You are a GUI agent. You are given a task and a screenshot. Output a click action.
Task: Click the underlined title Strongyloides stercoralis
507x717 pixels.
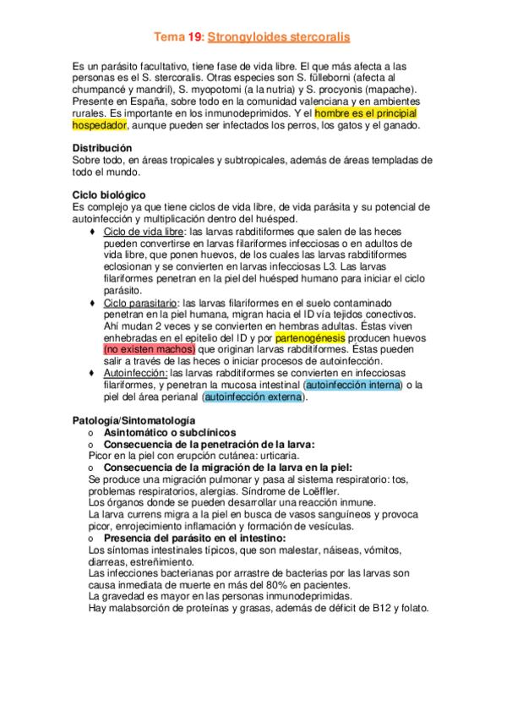pyautogui.click(x=279, y=38)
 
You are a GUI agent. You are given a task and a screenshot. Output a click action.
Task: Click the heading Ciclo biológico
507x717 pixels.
pyautogui.click(x=109, y=194)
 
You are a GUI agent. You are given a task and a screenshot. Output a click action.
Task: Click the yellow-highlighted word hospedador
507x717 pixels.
pyautogui.click(x=100, y=124)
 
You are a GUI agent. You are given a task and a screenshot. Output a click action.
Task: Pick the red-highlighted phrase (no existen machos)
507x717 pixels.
pyautogui.click(x=149, y=348)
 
